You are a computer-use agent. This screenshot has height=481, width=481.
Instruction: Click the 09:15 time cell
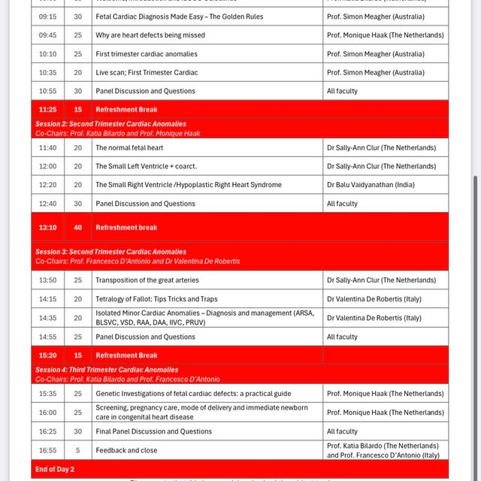pyautogui.click(x=47, y=17)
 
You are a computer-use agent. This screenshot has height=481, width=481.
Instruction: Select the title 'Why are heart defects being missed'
pyautogui.click(x=150, y=35)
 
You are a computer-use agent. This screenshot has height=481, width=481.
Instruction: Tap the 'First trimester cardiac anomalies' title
pyautogui.click(x=147, y=54)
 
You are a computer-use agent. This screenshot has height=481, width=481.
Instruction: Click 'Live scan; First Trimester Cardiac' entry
pyautogui.click(x=147, y=73)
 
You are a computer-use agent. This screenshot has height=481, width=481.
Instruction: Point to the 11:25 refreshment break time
pyautogui.click(x=47, y=110)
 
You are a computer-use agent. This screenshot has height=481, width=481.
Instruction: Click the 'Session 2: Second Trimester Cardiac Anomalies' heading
pyautogui.click(x=110, y=124)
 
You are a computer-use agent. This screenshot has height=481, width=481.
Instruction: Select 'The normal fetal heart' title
pyautogui.click(x=129, y=148)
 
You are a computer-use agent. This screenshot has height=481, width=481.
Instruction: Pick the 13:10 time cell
pyautogui.click(x=47, y=228)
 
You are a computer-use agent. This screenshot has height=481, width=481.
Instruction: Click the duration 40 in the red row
pyautogui.click(x=78, y=228)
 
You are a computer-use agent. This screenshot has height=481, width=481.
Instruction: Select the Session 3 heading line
pyautogui.click(x=110, y=252)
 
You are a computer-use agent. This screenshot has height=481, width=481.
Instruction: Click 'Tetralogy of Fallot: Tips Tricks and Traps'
pyautogui.click(x=156, y=299)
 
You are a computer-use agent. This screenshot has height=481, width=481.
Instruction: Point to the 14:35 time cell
pyautogui.click(x=47, y=318)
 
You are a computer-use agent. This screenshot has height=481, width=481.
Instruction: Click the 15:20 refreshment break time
pyautogui.click(x=47, y=355)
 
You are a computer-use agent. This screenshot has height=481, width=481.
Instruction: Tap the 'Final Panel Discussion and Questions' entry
pyautogui.click(x=153, y=431)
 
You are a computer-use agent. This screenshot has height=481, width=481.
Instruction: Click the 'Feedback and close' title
pyautogui.click(x=126, y=450)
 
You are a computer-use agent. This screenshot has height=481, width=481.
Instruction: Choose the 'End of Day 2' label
pyautogui.click(x=55, y=470)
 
